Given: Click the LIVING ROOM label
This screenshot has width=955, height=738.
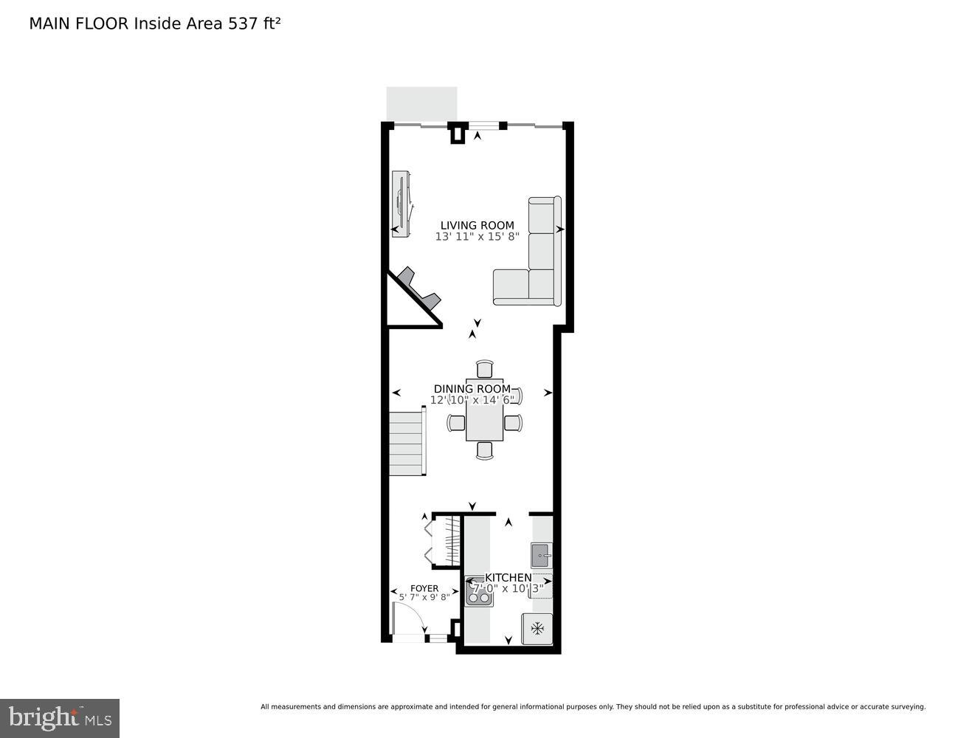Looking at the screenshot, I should click(477, 226).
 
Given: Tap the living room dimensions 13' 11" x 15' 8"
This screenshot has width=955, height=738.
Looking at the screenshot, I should click(477, 237).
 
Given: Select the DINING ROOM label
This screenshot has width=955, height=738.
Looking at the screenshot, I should click(472, 389).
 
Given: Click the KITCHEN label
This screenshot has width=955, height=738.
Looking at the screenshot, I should click(508, 578).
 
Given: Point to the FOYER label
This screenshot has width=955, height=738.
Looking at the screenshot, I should click(424, 588).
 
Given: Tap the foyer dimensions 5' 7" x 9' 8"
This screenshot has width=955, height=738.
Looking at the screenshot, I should click(424, 597).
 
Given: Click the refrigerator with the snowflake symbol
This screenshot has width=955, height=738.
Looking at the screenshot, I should click(537, 629).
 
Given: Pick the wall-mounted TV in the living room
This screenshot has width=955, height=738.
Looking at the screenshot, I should click(401, 202).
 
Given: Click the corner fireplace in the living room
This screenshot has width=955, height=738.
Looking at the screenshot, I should click(418, 290).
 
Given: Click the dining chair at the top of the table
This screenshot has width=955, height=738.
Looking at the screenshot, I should click(484, 369).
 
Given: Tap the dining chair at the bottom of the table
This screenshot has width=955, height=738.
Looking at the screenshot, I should click(484, 450).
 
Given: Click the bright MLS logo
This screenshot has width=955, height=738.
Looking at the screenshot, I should click(60, 717).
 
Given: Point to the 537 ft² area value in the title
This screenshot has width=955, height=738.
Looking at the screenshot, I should click(252, 24).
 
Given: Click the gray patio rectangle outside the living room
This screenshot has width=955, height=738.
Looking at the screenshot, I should click(421, 104).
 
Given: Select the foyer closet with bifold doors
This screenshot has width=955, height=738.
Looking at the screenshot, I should click(442, 541).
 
